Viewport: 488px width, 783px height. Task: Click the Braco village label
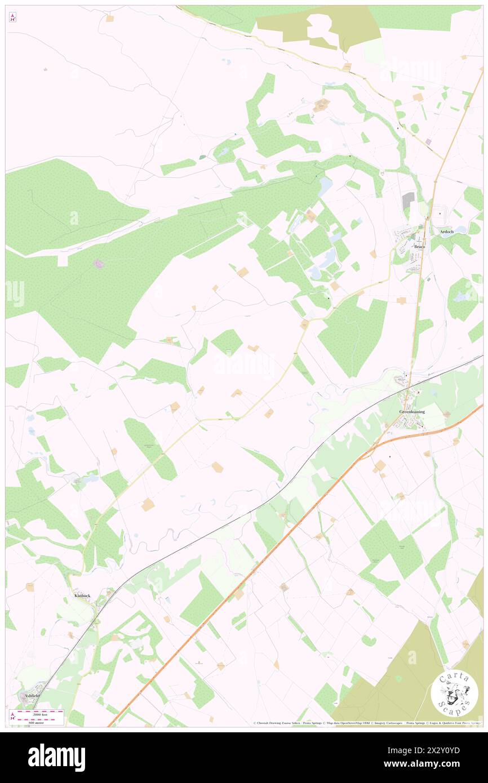[x=419, y=247]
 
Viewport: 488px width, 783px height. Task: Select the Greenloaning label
[x=412, y=412]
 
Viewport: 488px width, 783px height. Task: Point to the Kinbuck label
[x=82, y=595]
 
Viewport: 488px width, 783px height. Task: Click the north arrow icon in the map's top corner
[x=12, y=17]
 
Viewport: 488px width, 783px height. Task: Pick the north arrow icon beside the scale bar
[x=12, y=716]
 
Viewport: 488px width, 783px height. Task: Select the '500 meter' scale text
[x=39, y=721]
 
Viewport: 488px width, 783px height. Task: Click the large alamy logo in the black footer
[x=56, y=757]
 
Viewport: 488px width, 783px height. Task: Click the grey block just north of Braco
[x=408, y=199]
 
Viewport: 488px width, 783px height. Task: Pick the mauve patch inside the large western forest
[x=99, y=264]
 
